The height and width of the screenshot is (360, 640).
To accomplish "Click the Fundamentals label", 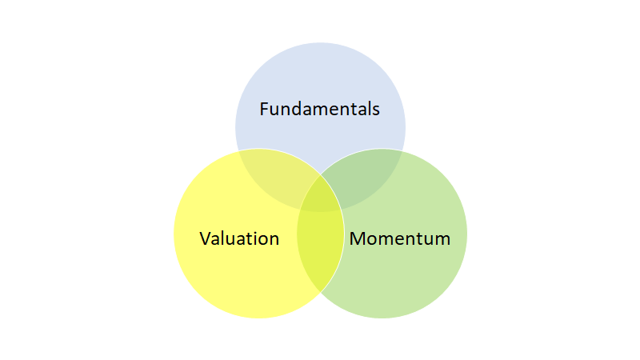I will tap(320, 109).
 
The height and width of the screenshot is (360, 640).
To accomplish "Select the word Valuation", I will tap(239, 238).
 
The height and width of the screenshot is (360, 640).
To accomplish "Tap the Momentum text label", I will tap(400, 238).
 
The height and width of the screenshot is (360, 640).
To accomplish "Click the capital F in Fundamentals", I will tap(265, 109).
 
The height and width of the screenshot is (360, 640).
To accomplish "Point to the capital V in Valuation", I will tap(205, 238).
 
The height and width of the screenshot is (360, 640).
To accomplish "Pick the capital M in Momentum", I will tap(358, 238).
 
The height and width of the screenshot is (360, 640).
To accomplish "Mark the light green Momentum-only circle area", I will tap(408, 276).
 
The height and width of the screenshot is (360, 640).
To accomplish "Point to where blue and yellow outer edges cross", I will tap(238, 151).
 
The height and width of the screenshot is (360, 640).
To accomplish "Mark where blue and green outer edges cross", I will tap(402, 151).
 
